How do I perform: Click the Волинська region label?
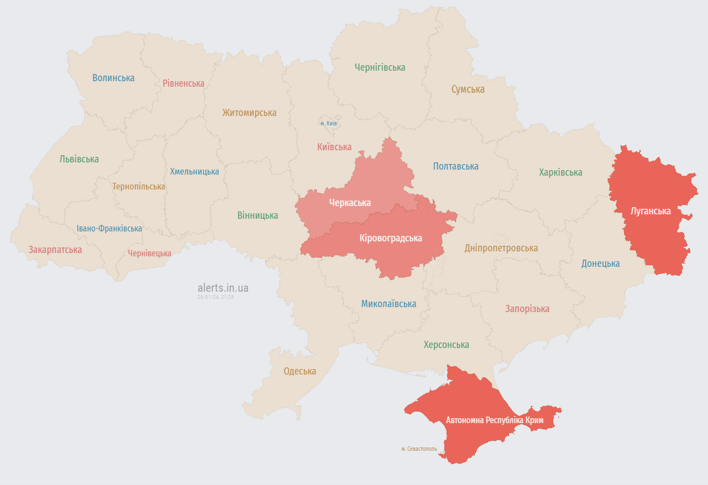coord(113,78)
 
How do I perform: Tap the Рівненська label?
coord(183,83)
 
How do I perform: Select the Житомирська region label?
coord(249,113)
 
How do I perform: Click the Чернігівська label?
coord(380,67)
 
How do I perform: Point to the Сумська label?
coord(468,89)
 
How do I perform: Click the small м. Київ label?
coord(328,123)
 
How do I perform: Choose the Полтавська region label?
coord(455,166)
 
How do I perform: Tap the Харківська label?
coord(560,172)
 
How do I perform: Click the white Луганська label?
coord(651,211)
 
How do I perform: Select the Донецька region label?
coord(600,263)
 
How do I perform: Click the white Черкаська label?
coord(350,203)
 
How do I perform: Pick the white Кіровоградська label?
coord(390,238)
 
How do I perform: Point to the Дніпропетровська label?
coord(501,248)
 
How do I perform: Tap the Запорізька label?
coord(527,309)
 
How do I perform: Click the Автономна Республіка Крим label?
coord(495,420)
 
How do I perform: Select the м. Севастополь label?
coord(419,449)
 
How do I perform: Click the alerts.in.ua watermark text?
coord(223,288)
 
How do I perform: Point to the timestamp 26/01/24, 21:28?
coord(216,297)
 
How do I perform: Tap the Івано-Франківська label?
coord(109,228)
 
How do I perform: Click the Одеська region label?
coord(300,371)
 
